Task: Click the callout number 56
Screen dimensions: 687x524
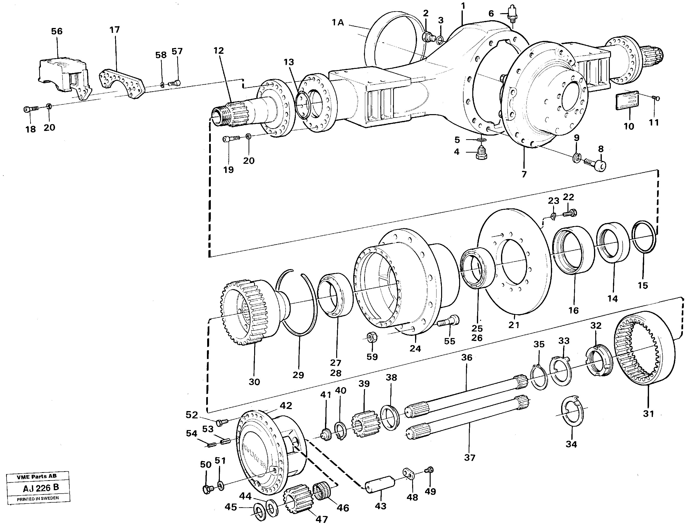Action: tap(57, 31)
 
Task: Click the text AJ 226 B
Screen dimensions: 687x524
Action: tap(41, 488)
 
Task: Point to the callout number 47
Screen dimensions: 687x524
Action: tap(322, 519)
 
